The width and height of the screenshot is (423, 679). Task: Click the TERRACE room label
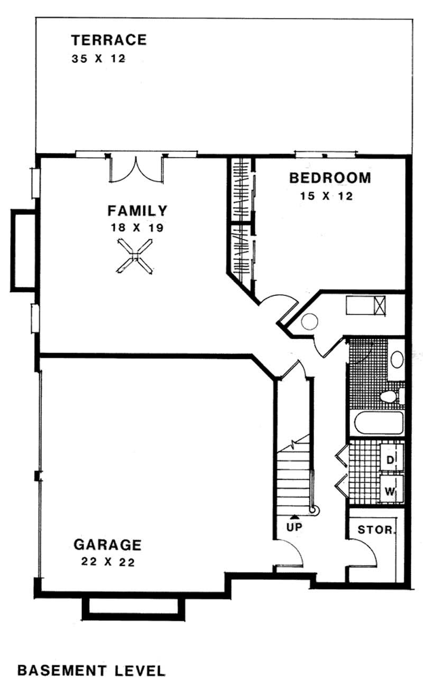pyautogui.click(x=109, y=40)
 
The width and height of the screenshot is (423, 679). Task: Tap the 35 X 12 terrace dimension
pyautogui.click(x=98, y=58)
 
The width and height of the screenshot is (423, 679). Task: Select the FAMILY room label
pyautogui.click(x=137, y=211)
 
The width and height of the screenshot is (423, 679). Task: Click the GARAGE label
pyautogui.click(x=107, y=544)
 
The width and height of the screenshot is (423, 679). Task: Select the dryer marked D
pyautogui.click(x=390, y=460)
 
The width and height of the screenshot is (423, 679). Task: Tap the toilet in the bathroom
pyautogui.click(x=391, y=397)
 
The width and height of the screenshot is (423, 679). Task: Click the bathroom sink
pyautogui.click(x=397, y=359)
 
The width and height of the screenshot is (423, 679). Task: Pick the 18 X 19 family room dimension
pyautogui.click(x=136, y=229)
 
